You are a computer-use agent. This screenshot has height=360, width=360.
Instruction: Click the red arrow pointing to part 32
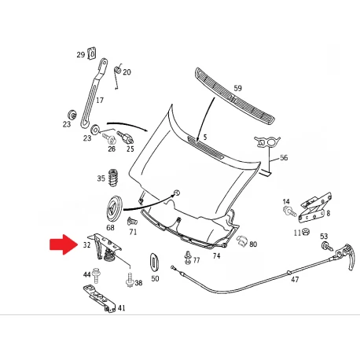(x=64, y=244)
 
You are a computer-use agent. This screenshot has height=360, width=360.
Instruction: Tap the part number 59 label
(x=237, y=88)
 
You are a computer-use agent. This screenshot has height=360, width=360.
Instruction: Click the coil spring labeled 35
(x=113, y=178)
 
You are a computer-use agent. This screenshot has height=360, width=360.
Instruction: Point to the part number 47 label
(x=295, y=280)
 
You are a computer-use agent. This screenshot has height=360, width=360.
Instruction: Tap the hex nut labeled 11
(x=305, y=232)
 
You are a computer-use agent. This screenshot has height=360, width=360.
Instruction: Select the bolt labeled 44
(x=96, y=275)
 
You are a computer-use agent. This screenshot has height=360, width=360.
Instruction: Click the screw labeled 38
(x=130, y=280)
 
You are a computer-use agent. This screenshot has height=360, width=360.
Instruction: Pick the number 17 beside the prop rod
(x=100, y=100)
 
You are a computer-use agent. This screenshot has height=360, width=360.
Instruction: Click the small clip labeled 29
(x=92, y=53)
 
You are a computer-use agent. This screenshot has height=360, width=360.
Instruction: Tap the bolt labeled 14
(x=289, y=211)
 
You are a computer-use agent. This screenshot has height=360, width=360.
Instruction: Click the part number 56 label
(x=284, y=158)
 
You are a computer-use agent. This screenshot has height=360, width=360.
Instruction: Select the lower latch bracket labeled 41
(x=99, y=299)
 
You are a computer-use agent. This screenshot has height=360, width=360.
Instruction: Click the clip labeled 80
(x=241, y=241)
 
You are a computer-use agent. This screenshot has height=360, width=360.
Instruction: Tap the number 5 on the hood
(x=205, y=137)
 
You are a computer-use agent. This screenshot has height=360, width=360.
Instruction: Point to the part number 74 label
(x=216, y=255)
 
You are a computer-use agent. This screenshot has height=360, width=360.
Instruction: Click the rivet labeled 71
(x=132, y=221)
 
